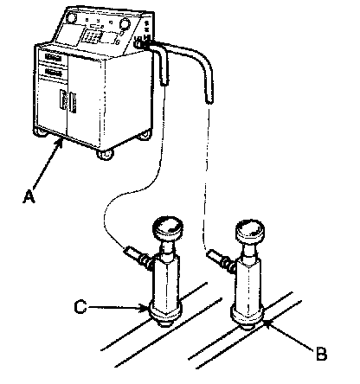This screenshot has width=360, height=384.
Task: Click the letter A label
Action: click(x=29, y=197)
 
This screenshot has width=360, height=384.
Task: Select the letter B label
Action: click(x=321, y=354)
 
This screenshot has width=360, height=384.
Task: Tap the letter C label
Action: click(x=80, y=307)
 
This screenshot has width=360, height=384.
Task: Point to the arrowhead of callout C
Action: click(x=145, y=309)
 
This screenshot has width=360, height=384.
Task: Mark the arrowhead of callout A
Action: click(x=60, y=143)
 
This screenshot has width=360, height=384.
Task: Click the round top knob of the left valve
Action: click(x=168, y=228)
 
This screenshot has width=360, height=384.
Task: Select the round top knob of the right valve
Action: click(x=250, y=232)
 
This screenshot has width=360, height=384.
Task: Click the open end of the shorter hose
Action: click(x=164, y=83)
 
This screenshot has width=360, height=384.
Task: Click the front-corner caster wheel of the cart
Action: click(x=105, y=154)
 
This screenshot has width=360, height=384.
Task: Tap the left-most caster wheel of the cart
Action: click(x=41, y=133)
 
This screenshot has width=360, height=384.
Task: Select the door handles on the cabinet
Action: click(x=68, y=101)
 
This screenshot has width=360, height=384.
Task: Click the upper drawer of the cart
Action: click(x=54, y=59)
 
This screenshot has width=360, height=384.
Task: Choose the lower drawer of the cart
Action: click(x=54, y=72)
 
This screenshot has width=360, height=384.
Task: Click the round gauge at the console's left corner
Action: click(x=71, y=18)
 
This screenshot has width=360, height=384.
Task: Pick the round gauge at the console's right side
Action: click(x=125, y=23)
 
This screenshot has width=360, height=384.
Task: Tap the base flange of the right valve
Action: click(x=247, y=317)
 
